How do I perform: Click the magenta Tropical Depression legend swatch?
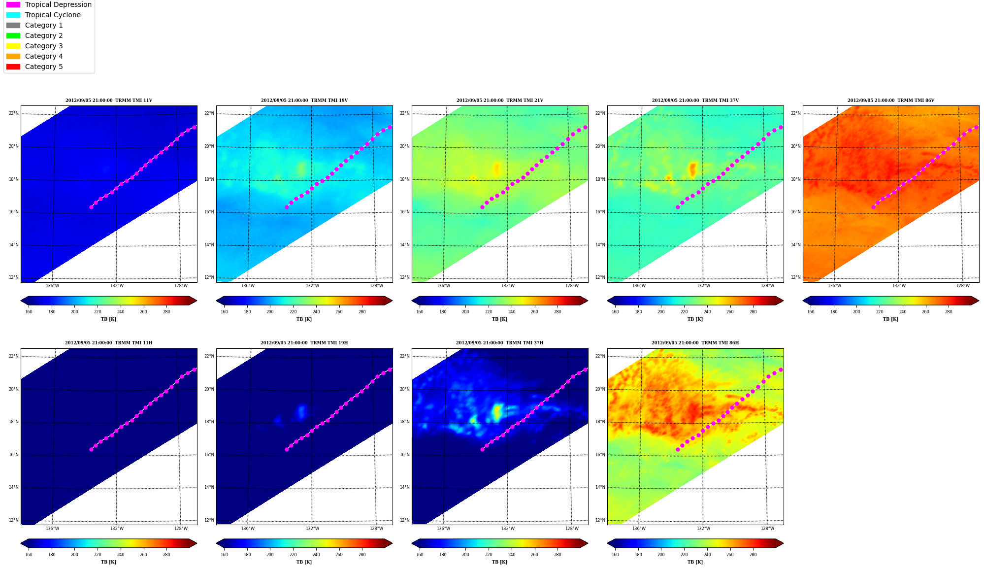[x=13, y=4]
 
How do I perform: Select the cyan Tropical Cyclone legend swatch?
[x=13, y=15]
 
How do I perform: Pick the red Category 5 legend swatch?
[x=13, y=67]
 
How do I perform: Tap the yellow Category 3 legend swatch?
[x=13, y=46]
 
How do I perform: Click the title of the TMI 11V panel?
[x=109, y=100]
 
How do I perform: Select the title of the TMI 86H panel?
[x=695, y=343]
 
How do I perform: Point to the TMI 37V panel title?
[x=695, y=100]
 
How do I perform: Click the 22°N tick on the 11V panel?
[x=14, y=113]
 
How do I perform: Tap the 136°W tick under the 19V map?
[x=248, y=286]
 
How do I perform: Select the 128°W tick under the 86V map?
[x=963, y=286]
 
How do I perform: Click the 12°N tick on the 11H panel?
[x=14, y=520]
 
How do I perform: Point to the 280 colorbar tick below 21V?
[x=558, y=312]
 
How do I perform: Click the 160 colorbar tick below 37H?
[x=420, y=555]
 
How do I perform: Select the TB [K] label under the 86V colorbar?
[x=890, y=319]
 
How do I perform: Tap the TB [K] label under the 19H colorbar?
[x=304, y=562]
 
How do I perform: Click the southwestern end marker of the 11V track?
[x=91, y=207]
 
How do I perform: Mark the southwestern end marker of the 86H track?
[x=678, y=449]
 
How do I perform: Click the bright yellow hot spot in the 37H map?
[x=497, y=412]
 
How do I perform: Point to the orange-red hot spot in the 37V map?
[x=693, y=169]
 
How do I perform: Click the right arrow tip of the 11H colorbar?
[x=197, y=543]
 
